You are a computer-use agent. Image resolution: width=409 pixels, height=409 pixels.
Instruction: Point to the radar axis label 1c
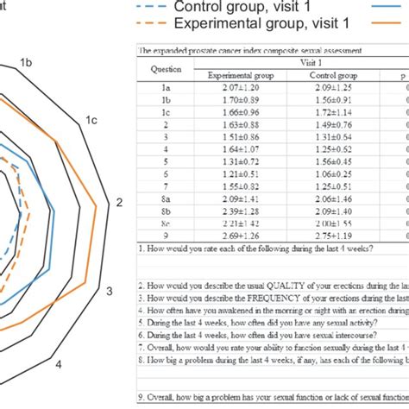(90, 122)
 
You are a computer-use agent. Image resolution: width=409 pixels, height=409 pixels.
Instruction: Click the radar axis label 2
(120, 203)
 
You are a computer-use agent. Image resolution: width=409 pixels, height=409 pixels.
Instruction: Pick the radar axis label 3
(110, 291)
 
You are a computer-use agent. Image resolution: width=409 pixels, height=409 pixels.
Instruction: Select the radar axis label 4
(59, 365)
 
